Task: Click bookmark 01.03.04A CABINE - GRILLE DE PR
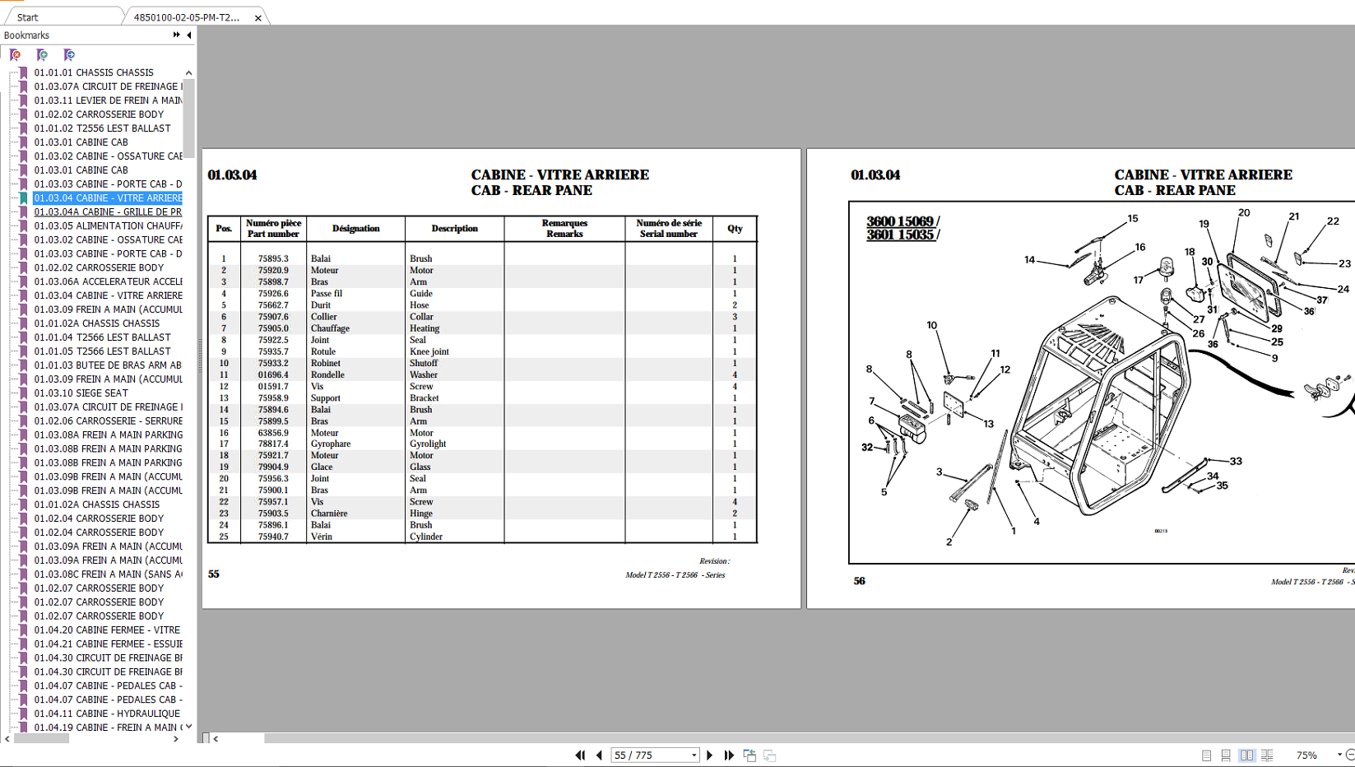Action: pos(107,212)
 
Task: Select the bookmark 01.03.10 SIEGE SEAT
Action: pos(81,393)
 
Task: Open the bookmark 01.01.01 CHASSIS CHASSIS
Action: pos(93,72)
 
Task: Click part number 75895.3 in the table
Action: pos(272,258)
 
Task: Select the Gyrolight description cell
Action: pos(427,444)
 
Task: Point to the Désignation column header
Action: pos(355,228)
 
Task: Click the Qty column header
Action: pos(734,228)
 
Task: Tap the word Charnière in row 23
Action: pos(328,513)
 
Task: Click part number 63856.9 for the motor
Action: pos(272,432)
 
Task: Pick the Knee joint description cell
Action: pos(429,351)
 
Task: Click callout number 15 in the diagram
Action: pos(1132,219)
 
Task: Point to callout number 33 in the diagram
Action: pos(1235,461)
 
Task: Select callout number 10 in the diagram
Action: pos(931,325)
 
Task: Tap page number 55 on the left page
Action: pos(213,574)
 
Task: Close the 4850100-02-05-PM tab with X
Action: pos(258,17)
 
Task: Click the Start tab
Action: pos(27,17)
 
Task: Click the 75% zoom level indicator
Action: pos(1306,755)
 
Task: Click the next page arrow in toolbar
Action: pos(710,755)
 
